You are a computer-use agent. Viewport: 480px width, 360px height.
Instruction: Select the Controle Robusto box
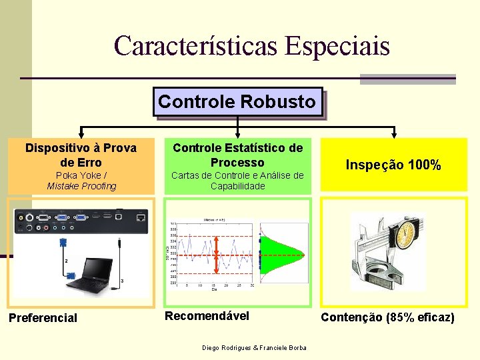click(237, 102)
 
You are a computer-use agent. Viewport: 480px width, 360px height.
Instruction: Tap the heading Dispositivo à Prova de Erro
click(81, 155)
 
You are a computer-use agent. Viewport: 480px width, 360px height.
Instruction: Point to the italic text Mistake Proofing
click(81, 186)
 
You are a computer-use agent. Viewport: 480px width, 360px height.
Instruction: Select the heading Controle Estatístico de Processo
click(237, 155)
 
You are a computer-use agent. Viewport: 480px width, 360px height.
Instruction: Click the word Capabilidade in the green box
click(237, 186)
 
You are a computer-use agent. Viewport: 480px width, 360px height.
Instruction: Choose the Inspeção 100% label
click(393, 165)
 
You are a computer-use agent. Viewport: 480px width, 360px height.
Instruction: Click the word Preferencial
click(43, 318)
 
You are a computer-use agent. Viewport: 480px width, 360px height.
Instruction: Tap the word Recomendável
click(207, 315)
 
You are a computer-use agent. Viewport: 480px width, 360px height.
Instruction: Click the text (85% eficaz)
click(420, 317)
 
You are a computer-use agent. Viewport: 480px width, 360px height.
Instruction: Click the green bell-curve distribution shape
click(283, 254)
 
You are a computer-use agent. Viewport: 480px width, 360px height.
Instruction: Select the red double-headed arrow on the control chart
click(216, 254)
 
